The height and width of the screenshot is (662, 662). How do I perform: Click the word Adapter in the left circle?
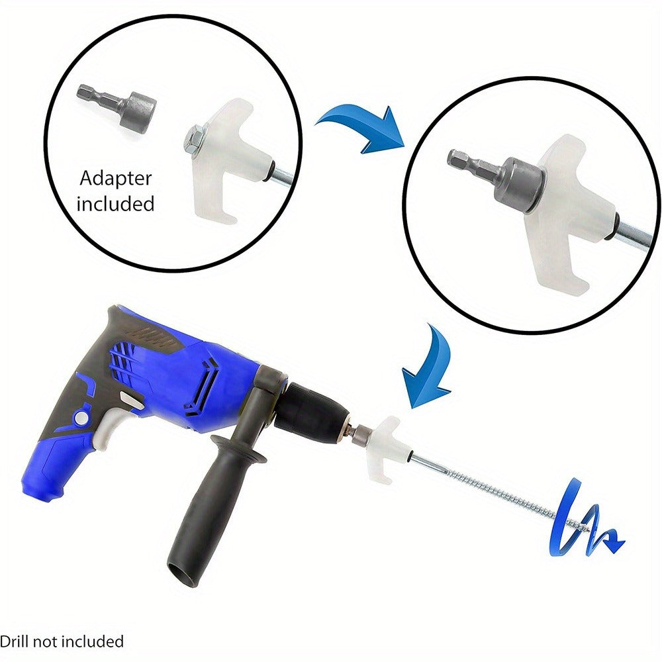coord(115,178)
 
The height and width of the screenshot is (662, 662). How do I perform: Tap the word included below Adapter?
coord(115,203)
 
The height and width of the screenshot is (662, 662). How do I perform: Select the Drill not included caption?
coord(62,641)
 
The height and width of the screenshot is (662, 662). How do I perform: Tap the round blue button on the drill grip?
coord(81,418)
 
